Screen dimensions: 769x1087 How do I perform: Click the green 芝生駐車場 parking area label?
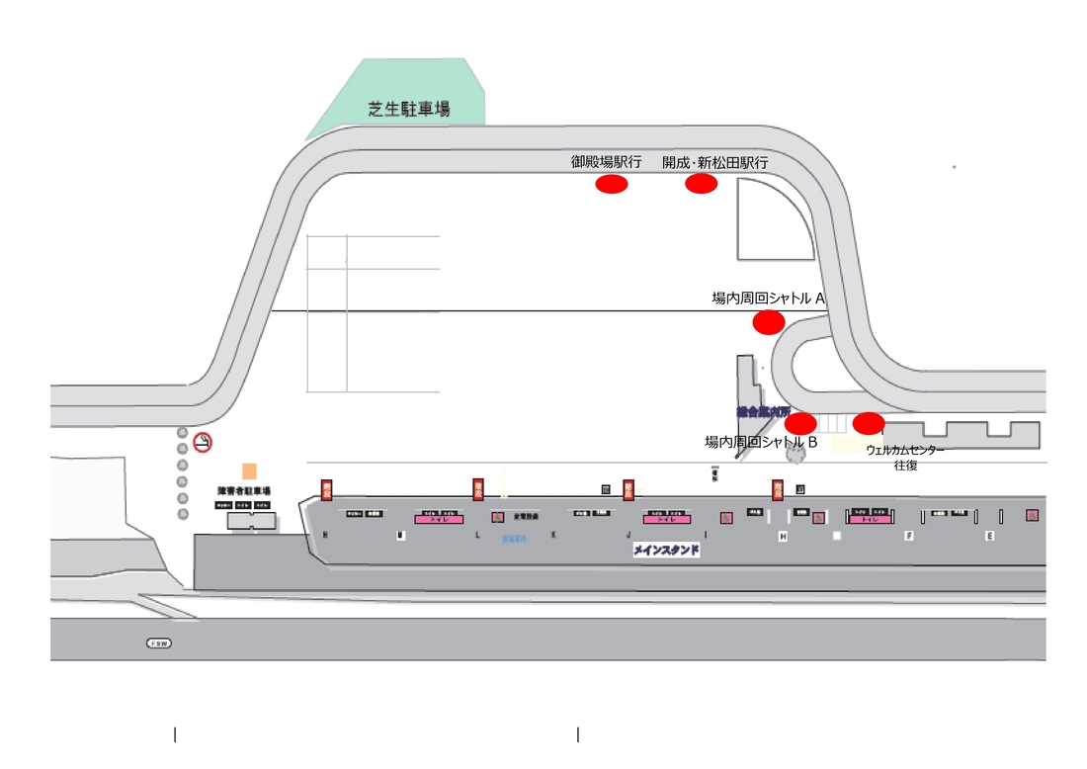(409, 110)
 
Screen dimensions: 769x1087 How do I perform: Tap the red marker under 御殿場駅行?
(612, 184)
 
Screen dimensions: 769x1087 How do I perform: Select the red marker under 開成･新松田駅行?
(701, 184)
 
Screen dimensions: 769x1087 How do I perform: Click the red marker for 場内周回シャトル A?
(769, 322)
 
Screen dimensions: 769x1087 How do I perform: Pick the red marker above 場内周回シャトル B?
(800, 424)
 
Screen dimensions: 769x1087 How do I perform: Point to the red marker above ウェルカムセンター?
(869, 424)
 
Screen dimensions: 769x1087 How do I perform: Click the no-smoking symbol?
(203, 443)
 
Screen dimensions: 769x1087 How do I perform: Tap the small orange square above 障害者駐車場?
(249, 471)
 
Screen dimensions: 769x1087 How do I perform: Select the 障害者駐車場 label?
(244, 490)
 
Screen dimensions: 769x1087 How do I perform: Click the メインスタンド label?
(666, 551)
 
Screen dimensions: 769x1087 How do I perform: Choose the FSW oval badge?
(159, 643)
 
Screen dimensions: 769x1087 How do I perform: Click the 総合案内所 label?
(763, 410)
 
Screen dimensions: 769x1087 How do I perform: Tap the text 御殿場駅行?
(606, 162)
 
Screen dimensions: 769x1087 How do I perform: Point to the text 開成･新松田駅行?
(715, 162)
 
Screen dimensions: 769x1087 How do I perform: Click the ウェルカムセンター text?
(905, 450)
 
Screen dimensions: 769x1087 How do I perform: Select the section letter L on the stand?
(477, 535)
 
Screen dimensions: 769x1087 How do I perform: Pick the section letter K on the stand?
(553, 535)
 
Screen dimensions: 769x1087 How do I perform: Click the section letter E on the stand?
(989, 535)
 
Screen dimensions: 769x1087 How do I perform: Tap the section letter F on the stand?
(908, 535)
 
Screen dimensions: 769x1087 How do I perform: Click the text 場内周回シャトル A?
(769, 298)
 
